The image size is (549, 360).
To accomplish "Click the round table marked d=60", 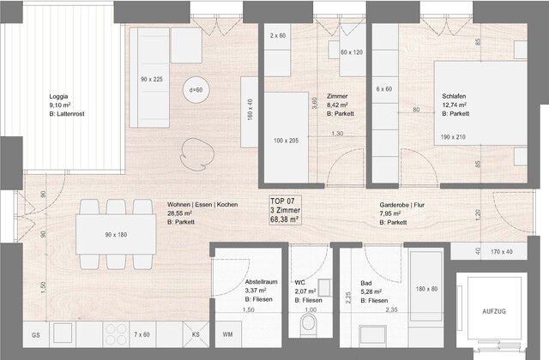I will pos(196,90).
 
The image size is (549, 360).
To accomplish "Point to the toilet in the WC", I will pos(309,325).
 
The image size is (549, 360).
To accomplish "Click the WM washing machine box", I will pos(227,334).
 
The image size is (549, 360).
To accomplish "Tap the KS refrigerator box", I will pos(196,334).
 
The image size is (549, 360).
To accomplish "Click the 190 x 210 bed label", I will pos(455,137).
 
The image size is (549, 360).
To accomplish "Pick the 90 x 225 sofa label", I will pos(151,79).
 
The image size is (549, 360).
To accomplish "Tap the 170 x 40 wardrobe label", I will pos(502,252).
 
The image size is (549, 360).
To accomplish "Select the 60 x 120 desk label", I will pos(351,52).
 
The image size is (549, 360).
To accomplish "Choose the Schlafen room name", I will pos(455,96).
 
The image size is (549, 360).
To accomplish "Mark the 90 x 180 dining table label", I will pos(116,234).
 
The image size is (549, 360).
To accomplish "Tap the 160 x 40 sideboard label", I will pos(250,110).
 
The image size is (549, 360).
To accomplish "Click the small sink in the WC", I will pos(324,287).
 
